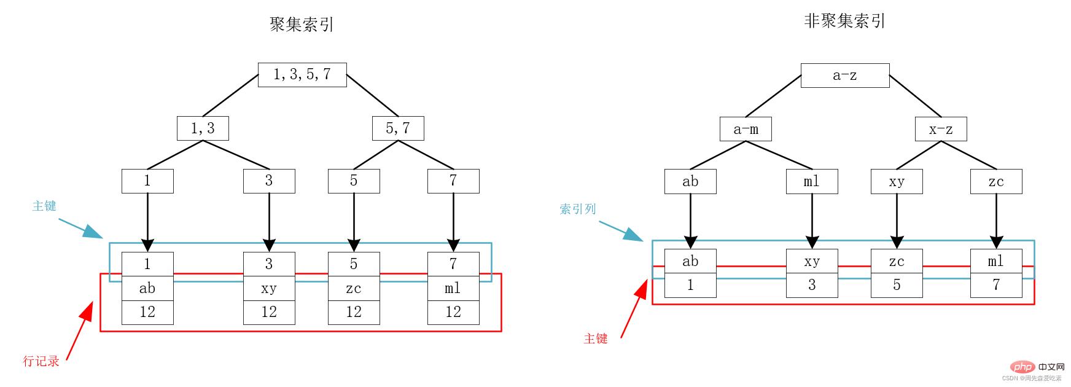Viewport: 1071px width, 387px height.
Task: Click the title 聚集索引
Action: click(302, 25)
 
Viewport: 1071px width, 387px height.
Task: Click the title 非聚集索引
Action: click(844, 21)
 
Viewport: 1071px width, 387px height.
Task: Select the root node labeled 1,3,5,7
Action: click(302, 75)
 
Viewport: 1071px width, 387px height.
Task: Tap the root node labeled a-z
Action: click(845, 76)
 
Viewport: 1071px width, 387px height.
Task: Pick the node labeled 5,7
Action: click(398, 128)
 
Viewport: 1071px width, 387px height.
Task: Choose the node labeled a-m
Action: click(746, 129)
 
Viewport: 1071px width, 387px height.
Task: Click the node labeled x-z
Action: click(941, 129)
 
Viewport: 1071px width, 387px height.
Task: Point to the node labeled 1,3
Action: click(203, 128)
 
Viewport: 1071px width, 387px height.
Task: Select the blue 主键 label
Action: click(44, 206)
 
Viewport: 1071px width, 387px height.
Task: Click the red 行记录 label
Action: click(41, 361)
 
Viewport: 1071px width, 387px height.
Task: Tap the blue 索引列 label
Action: click(577, 209)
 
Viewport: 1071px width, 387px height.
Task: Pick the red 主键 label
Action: click(595, 338)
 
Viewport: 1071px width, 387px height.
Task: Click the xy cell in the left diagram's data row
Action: click(269, 289)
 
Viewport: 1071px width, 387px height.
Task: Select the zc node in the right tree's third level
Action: click(996, 182)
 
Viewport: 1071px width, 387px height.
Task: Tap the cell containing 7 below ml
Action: click(996, 285)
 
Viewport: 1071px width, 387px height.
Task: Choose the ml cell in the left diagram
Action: click(453, 289)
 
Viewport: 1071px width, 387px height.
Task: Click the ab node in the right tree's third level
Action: click(690, 182)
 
